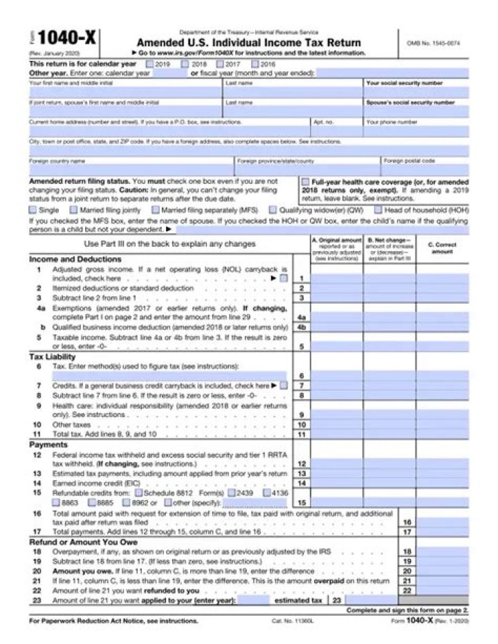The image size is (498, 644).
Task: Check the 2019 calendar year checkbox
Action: (x=150, y=64)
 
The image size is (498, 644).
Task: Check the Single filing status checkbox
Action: (x=33, y=209)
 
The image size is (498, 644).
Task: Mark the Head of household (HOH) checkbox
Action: (x=378, y=209)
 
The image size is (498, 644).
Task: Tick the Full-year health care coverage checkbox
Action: (x=306, y=181)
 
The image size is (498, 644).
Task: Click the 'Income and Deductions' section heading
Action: (x=66, y=259)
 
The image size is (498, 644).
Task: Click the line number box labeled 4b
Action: (x=301, y=327)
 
